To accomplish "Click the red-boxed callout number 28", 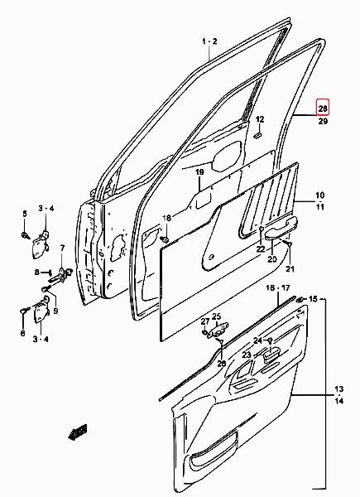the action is pos(323,109).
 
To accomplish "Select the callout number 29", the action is pos(323,121).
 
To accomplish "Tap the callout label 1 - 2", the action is pos(209,41).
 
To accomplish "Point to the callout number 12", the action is pos(260,119).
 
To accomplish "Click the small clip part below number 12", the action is pos(257,135).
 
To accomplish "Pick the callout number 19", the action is pos(199,172).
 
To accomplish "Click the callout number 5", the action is pos(25,214).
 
